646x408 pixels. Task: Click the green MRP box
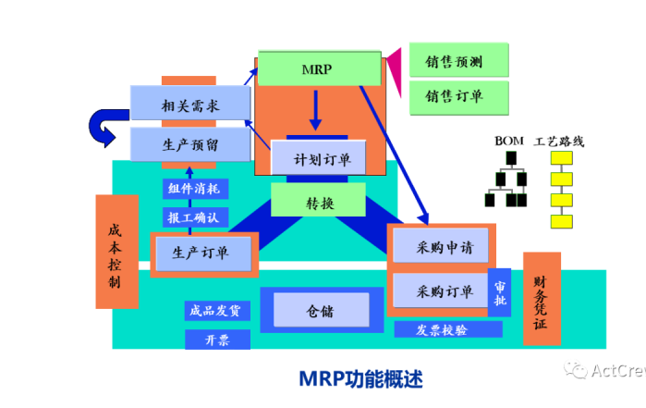click(x=319, y=69)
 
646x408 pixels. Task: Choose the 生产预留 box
click(x=189, y=144)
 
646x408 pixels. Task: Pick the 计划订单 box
click(x=319, y=158)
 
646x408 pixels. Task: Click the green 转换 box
click(x=319, y=203)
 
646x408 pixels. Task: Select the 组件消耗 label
click(x=194, y=189)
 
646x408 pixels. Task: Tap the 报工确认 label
click(x=194, y=217)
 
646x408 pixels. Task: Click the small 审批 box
click(x=499, y=293)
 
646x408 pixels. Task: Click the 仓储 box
click(x=319, y=312)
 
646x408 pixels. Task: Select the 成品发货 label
click(x=215, y=311)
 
